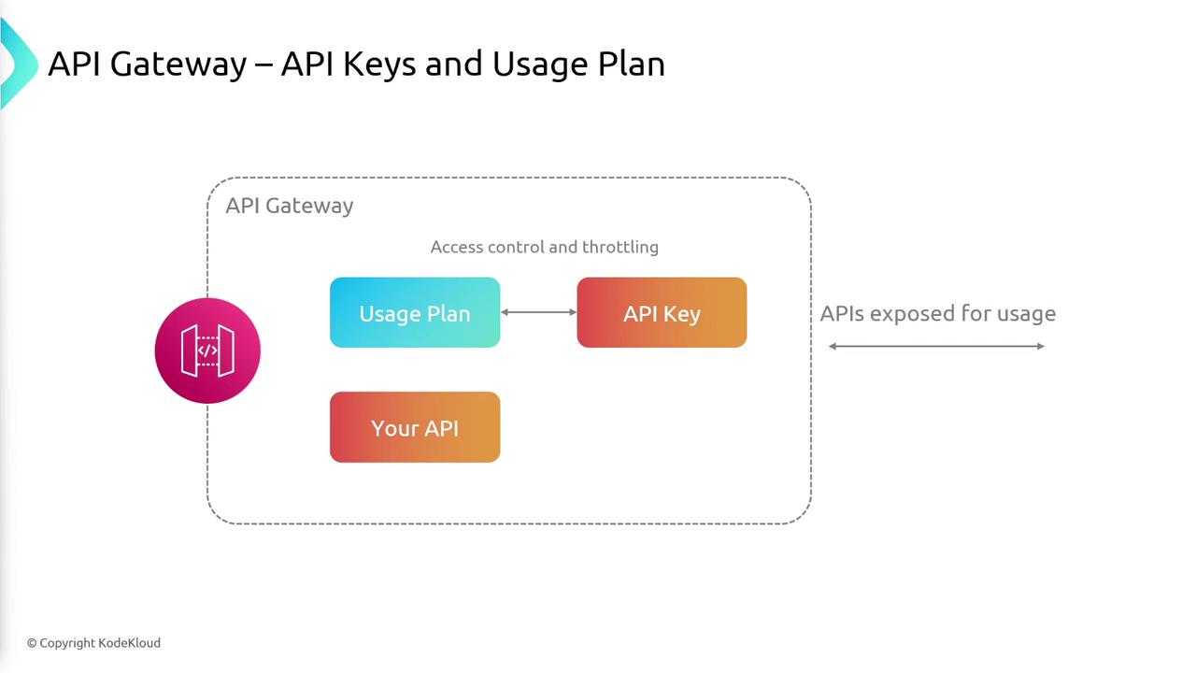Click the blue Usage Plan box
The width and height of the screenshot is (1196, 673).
pos(415,312)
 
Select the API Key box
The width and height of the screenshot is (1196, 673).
pos(662,312)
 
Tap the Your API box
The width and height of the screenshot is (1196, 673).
pos(415,427)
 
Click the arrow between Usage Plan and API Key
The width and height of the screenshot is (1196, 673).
pos(538,312)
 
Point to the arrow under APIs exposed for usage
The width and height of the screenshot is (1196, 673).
pos(936,346)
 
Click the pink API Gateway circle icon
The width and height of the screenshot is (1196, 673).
pos(207,351)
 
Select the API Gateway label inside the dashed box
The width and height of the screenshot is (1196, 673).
pos(290,206)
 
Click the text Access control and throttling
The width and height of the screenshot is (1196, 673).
pos(545,247)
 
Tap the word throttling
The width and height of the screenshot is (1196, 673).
pos(620,247)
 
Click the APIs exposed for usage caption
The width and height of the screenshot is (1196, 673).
pos(938,313)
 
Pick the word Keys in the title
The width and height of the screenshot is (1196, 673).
pos(378,64)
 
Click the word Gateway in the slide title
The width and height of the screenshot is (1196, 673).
pos(178,64)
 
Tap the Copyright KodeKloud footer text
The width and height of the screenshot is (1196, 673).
pos(93,642)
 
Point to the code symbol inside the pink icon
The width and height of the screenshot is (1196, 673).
pos(207,351)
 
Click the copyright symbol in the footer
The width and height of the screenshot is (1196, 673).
pos(32,643)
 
